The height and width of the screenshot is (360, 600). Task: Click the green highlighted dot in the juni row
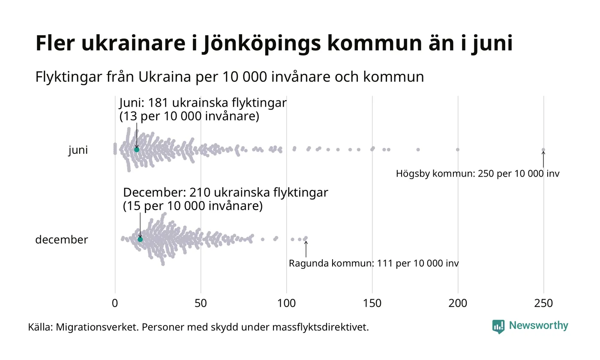[x=137, y=150]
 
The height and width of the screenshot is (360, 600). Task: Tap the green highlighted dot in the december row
[x=140, y=239]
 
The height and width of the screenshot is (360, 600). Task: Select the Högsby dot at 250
[x=543, y=150]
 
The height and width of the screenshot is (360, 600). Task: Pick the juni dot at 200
[x=458, y=150]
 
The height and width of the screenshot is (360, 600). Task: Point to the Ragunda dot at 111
[x=306, y=238]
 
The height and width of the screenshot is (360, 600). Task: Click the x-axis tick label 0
[x=115, y=303]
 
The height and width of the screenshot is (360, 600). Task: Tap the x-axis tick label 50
[x=201, y=303]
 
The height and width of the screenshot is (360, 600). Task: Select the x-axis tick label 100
[x=286, y=303]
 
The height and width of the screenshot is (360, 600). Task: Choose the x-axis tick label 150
[x=372, y=303]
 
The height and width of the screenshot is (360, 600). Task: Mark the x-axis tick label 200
[x=458, y=303]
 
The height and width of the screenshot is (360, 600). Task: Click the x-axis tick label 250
[x=543, y=303]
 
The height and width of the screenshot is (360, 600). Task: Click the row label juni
[x=78, y=150]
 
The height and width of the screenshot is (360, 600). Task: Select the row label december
[x=61, y=240]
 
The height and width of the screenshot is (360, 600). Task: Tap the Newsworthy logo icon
[x=498, y=327]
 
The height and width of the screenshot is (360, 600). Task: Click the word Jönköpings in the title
[x=261, y=44]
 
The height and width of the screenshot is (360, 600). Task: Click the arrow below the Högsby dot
[x=543, y=159]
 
